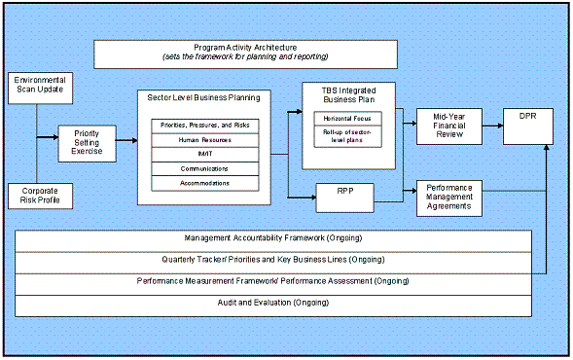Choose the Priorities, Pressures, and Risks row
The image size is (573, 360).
(204, 125)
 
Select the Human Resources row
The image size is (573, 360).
(204, 139)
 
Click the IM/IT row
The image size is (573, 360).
(204, 154)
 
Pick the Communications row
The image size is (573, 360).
(204, 168)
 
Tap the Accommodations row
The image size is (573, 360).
(204, 183)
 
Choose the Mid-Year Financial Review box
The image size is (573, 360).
(448, 125)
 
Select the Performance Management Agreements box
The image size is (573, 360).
(448, 196)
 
